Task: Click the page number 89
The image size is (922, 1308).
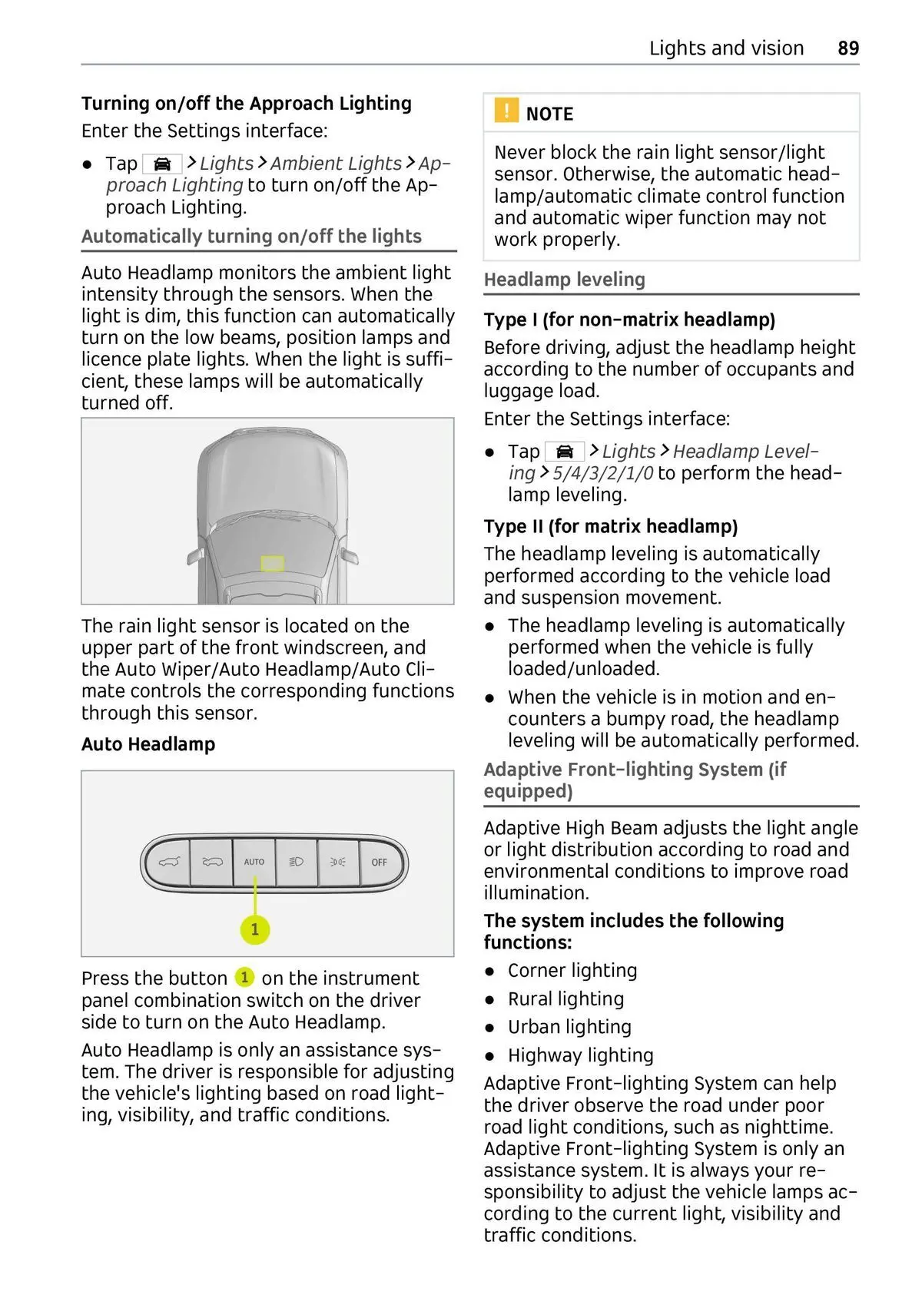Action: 848,48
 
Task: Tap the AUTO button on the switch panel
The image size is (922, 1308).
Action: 254,862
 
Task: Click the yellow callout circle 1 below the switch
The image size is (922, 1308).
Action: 255,930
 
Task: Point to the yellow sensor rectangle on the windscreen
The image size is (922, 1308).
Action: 273,563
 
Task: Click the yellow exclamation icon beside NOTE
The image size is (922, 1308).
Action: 506,111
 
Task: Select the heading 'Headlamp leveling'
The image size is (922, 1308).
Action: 565,280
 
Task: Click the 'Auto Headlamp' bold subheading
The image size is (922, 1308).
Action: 148,744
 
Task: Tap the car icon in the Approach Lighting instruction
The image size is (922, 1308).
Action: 162,164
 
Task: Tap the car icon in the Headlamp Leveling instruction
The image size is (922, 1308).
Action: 565,452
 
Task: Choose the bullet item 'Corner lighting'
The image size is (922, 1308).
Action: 572,971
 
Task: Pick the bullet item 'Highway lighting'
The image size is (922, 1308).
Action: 580,1056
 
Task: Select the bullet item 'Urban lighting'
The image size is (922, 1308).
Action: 569,1028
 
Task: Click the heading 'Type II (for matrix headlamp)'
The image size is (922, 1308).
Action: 611,526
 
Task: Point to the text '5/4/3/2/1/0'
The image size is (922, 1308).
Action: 602,473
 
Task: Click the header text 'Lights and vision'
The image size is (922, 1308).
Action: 726,48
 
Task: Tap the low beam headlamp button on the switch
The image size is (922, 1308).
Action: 296,862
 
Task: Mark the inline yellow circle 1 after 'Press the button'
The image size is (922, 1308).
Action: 244,977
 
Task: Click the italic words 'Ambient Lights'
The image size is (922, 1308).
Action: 336,164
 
